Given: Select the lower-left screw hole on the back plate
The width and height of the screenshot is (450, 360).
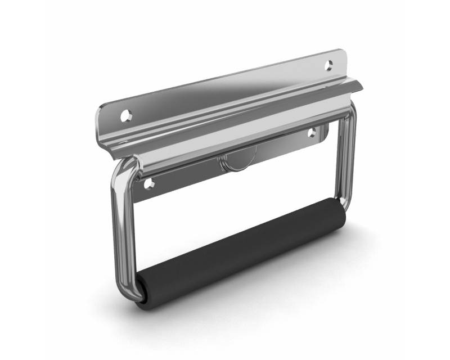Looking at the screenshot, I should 148,184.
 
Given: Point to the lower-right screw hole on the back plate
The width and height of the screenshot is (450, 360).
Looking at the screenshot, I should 312,133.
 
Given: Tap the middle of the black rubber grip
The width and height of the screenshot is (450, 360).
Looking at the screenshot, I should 242,253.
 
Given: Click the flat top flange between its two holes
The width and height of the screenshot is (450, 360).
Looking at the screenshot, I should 225,90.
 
